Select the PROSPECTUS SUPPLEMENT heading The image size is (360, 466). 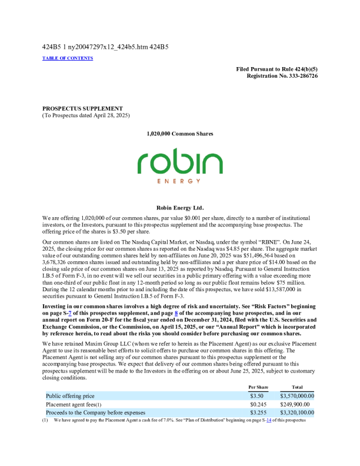pyautogui.click(x=82, y=108)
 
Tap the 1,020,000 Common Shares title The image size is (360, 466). pyautogui.click(x=179, y=134)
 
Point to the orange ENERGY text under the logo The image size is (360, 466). pyautogui.click(x=180, y=181)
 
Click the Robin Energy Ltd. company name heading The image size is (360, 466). pyautogui.click(x=180, y=208)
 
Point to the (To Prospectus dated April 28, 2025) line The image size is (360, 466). pyautogui.click(x=86, y=115)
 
